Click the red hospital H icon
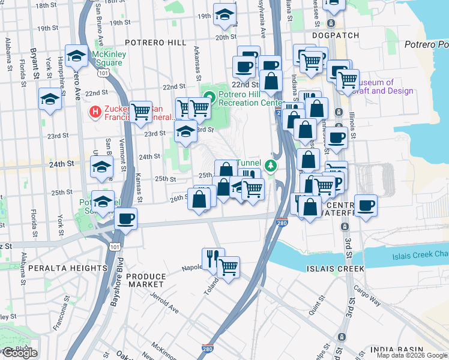coord(94,112)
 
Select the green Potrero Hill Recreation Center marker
coord(209,97)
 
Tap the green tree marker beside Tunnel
coord(271,164)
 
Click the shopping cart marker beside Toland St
coord(228,267)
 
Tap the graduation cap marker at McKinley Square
coord(77,56)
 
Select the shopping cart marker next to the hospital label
coord(140,112)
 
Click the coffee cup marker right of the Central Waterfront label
coord(366,205)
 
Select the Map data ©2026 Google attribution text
coord(412,355)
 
